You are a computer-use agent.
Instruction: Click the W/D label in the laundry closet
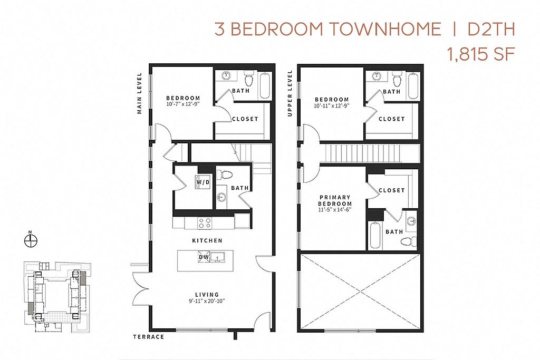point(203,182)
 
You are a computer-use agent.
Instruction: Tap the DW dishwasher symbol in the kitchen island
point(204,257)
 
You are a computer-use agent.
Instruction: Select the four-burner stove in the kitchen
point(205,223)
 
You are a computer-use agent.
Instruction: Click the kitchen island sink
point(217,257)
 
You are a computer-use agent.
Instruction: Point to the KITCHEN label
point(207,240)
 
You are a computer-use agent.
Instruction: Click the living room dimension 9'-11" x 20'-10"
point(207,301)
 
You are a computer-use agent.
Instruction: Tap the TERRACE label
point(149,337)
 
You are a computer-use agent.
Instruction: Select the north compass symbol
point(31,240)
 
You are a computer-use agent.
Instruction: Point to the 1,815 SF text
point(481,54)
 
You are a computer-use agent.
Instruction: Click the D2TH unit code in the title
point(491,29)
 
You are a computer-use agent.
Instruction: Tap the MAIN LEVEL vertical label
point(139,93)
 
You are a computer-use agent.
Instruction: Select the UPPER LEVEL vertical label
point(290,93)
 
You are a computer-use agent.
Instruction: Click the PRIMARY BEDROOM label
point(335,200)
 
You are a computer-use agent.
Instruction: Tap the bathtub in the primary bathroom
point(375,236)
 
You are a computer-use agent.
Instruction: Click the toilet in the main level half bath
point(226,174)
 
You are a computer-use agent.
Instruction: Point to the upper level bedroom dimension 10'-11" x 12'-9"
point(332,105)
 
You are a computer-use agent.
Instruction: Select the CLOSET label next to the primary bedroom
point(392,190)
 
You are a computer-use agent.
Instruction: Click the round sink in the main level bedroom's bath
point(226,75)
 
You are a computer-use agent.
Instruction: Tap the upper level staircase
point(363,153)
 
